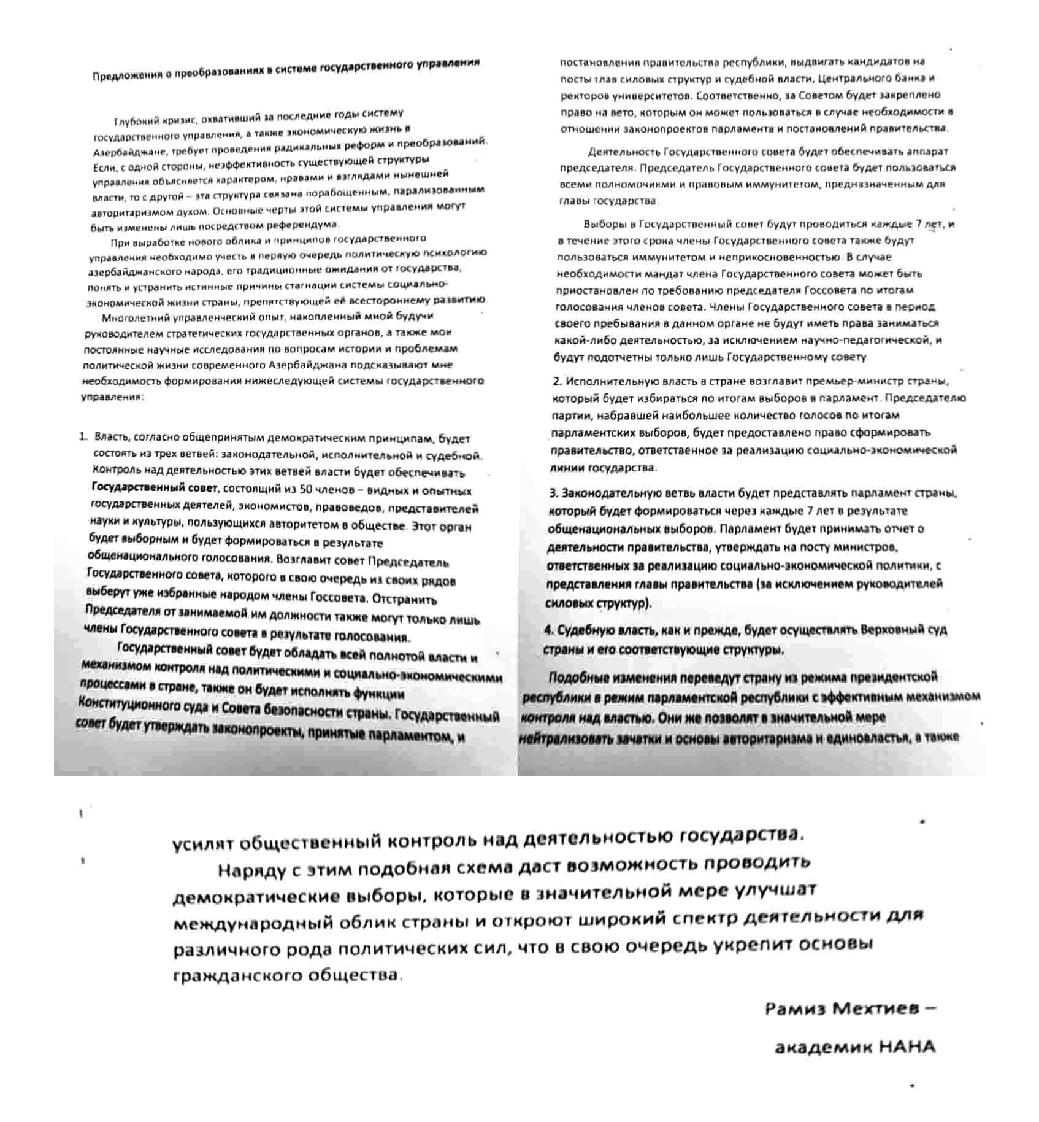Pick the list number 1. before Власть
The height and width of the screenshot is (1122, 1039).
[x=83, y=437]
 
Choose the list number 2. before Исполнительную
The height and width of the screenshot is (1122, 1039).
[x=557, y=381]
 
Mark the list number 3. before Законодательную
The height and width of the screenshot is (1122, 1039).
[x=553, y=493]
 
